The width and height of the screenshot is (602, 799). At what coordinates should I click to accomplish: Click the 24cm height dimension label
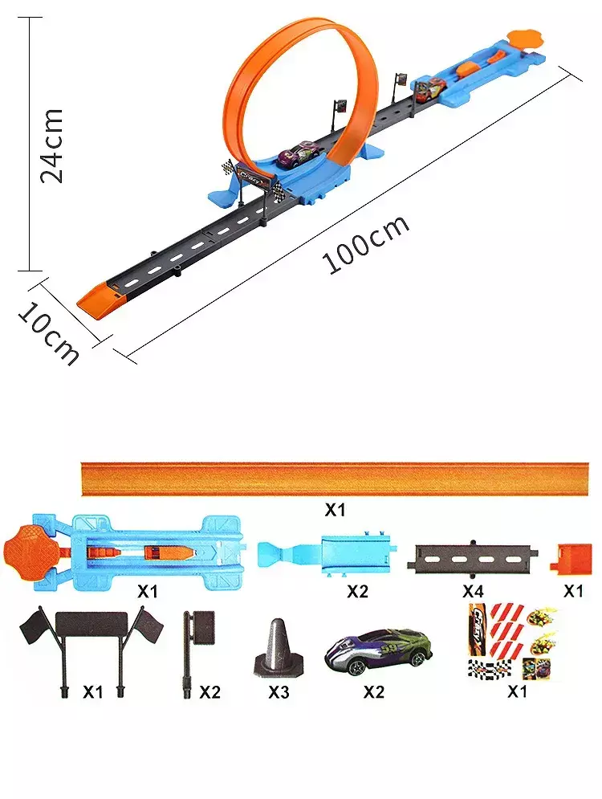(51, 145)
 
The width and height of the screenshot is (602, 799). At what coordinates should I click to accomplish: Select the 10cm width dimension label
(49, 333)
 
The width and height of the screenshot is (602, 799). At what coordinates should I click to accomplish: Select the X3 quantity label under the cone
(279, 692)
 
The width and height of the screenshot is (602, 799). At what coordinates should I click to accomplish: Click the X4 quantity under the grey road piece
(472, 591)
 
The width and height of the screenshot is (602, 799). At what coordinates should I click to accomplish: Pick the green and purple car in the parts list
(378, 650)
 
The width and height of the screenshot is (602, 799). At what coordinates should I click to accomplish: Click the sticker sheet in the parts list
(513, 642)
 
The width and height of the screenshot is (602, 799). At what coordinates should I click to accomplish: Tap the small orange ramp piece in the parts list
(571, 559)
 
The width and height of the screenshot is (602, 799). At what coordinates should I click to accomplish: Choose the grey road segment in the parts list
(473, 557)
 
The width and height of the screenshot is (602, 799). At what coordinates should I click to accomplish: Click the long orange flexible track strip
(335, 479)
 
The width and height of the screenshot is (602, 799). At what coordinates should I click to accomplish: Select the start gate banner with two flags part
(92, 649)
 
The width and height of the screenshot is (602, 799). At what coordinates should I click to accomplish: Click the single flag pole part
(198, 654)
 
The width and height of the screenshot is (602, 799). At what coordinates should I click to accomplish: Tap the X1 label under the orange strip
(335, 510)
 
